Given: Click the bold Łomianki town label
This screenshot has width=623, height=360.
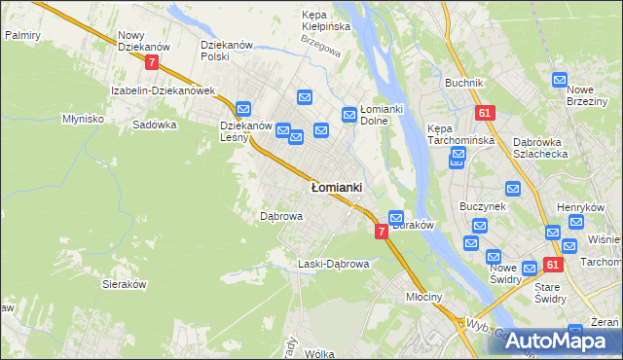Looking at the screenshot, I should [337, 187].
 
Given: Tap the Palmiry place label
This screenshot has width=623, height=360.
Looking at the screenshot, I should [21, 34].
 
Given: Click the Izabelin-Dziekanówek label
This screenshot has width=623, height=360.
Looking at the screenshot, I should [163, 90].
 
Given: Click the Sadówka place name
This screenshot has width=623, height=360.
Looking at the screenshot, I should [155, 125].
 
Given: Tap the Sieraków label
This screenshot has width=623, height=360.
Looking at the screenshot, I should [124, 284].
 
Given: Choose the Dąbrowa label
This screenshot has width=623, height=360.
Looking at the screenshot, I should [281, 216].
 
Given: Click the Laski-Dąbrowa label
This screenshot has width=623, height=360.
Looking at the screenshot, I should [333, 264].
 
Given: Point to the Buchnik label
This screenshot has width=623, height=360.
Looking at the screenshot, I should [464, 83].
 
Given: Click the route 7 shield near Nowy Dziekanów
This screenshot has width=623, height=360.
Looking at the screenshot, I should [151, 62].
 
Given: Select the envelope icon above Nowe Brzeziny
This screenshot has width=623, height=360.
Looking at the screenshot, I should [560, 81].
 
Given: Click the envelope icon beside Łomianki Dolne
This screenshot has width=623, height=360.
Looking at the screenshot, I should [349, 116].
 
